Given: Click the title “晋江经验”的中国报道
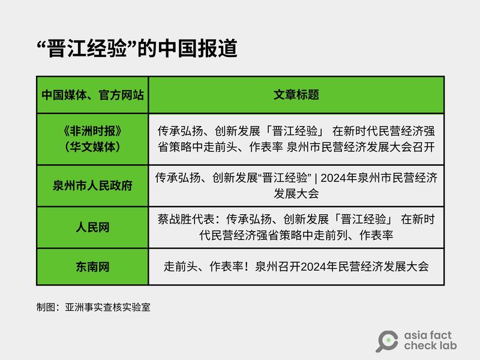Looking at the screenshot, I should [x=137, y=49].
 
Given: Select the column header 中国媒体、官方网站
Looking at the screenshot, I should [x=92, y=95].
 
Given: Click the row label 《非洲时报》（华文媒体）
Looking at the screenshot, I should [x=92, y=139].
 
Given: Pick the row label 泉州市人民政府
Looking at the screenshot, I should [x=92, y=186].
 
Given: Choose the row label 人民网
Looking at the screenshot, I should [x=92, y=228].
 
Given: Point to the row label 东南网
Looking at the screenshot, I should [x=92, y=267].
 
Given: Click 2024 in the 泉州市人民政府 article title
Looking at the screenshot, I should [x=341, y=178].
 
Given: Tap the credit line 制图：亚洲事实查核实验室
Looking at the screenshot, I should [x=93, y=307].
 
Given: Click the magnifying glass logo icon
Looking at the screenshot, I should [x=386, y=341].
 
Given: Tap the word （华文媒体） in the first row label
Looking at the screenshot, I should [x=92, y=146].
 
